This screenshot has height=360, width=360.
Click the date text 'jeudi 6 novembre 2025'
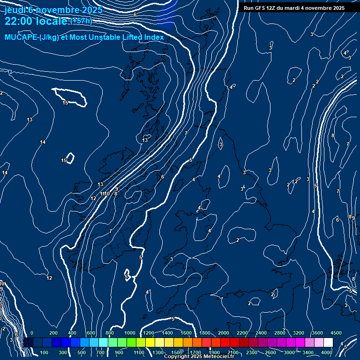(53, 10)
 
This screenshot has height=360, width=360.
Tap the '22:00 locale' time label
(36, 21)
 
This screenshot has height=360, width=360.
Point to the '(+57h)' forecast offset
(81, 21)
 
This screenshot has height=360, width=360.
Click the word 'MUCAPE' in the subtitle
(21, 37)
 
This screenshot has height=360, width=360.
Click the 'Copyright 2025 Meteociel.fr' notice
(199, 357)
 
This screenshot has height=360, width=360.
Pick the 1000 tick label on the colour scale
(130, 332)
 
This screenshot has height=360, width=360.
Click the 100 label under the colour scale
(45, 352)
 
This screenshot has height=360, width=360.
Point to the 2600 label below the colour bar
(270, 352)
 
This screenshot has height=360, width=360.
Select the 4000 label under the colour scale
(327, 352)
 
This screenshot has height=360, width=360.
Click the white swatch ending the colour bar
(328, 343)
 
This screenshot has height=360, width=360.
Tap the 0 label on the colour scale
(32, 332)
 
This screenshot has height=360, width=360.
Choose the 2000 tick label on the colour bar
(224, 332)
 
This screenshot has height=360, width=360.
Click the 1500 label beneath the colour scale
(177, 352)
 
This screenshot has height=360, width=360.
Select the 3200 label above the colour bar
(299, 332)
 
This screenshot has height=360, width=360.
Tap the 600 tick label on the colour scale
(91, 332)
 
